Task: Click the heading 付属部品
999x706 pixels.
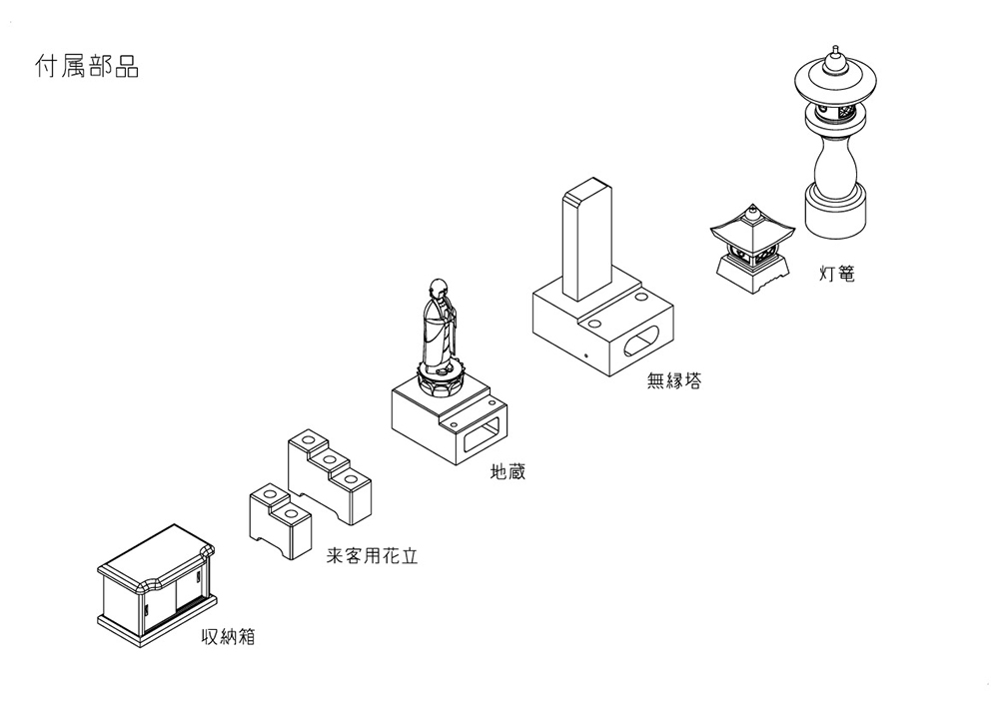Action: coord(87,66)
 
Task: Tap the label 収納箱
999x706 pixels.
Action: coord(228,637)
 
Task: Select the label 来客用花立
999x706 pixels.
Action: coord(372,556)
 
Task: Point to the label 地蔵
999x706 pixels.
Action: coord(507,471)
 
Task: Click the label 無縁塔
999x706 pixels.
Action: coord(674,380)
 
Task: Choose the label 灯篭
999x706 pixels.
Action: coord(836,274)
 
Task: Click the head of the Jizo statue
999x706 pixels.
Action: coord(438,288)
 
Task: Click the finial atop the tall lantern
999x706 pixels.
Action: coord(834,60)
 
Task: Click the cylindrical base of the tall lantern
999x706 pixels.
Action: coord(835,212)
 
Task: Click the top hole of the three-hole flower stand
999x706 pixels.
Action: coord(309,440)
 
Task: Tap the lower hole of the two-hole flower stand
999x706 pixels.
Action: coord(293,513)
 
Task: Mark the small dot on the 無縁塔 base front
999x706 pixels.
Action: coord(586,355)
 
